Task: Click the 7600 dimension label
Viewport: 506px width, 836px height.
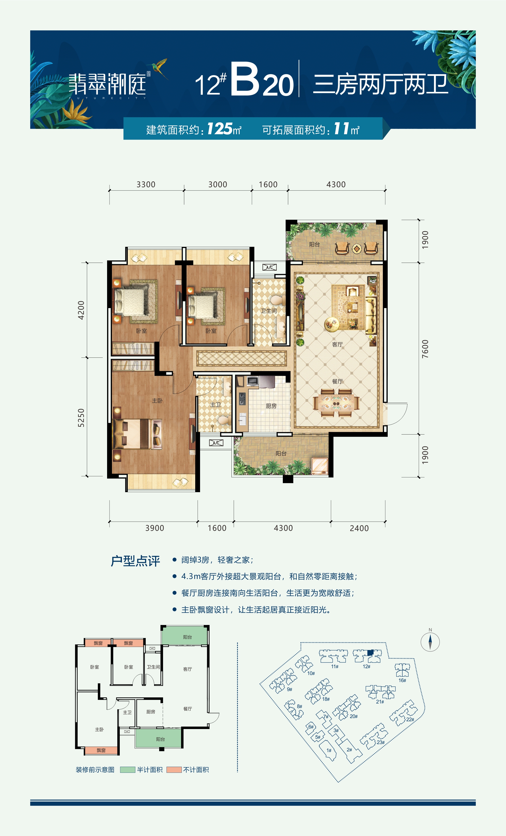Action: tap(425, 349)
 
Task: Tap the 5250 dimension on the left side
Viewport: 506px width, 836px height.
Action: tap(81, 418)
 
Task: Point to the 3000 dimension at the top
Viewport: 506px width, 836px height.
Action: tap(218, 184)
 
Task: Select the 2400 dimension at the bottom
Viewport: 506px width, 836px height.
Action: tap(359, 528)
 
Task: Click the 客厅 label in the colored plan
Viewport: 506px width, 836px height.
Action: tap(337, 344)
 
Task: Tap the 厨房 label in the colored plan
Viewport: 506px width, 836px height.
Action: tap(271, 406)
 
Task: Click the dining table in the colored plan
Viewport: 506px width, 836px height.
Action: tap(336, 402)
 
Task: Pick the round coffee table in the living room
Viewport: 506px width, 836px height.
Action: tap(331, 325)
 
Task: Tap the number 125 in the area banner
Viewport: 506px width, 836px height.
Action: tap(220, 129)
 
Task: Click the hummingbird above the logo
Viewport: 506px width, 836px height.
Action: tap(158, 67)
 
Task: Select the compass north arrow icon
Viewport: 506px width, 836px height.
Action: tap(430, 642)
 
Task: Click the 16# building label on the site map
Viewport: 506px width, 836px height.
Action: tap(402, 680)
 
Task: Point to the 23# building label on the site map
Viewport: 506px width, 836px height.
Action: tap(381, 742)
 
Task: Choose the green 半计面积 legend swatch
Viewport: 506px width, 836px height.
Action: tap(128, 770)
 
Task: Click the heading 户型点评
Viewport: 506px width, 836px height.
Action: tap(135, 561)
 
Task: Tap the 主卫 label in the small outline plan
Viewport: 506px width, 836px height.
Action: tap(127, 712)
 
